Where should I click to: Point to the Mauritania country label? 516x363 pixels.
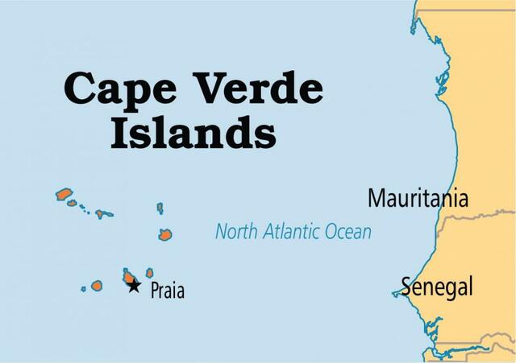[x=418, y=199]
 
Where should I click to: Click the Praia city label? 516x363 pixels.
[x=168, y=290]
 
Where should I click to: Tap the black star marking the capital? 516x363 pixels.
[x=134, y=285]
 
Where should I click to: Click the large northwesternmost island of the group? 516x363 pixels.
[x=64, y=194]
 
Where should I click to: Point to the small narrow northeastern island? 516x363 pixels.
[x=160, y=208]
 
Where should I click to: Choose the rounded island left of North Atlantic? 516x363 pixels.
[x=165, y=234]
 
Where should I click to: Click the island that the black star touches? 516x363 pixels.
[x=128, y=276]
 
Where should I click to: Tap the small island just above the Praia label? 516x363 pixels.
[x=149, y=273]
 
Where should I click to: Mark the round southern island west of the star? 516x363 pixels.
[x=97, y=285]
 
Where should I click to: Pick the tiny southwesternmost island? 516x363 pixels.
[x=83, y=288]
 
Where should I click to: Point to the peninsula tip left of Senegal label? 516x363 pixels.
[x=393, y=294]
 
